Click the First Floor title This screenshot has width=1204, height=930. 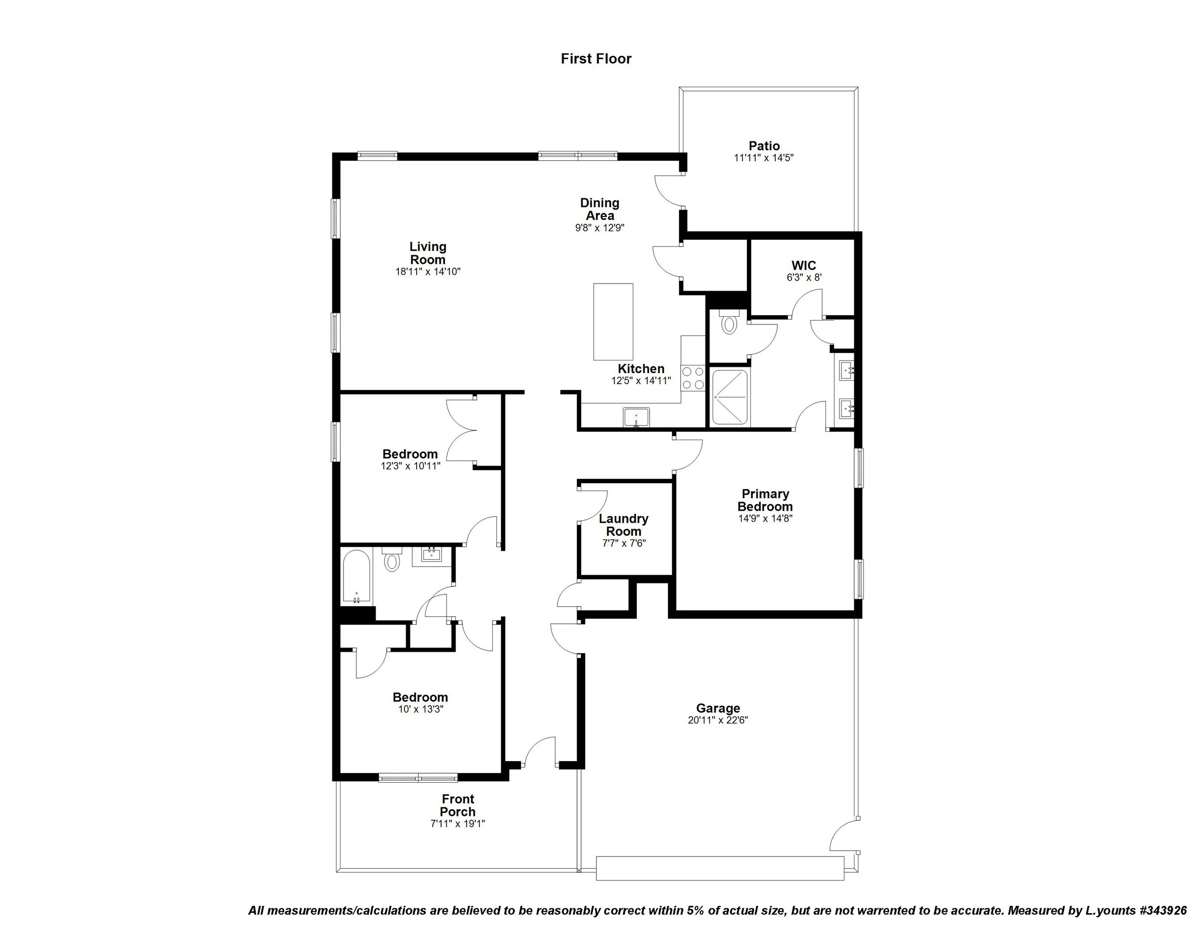[x=595, y=58]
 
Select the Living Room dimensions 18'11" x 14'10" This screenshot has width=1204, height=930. [x=427, y=271]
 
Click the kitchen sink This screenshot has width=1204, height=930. [x=636, y=417]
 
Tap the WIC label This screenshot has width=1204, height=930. [x=803, y=266]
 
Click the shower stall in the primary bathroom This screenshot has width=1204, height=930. [x=730, y=397]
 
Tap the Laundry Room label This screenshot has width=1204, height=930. [x=624, y=525]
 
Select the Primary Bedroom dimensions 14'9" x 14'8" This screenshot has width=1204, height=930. [x=765, y=518]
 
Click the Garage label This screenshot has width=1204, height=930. [x=717, y=708]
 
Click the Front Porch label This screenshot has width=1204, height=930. [x=458, y=805]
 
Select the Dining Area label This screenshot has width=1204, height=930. [x=599, y=209]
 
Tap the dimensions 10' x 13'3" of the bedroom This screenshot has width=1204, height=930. [x=420, y=709]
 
